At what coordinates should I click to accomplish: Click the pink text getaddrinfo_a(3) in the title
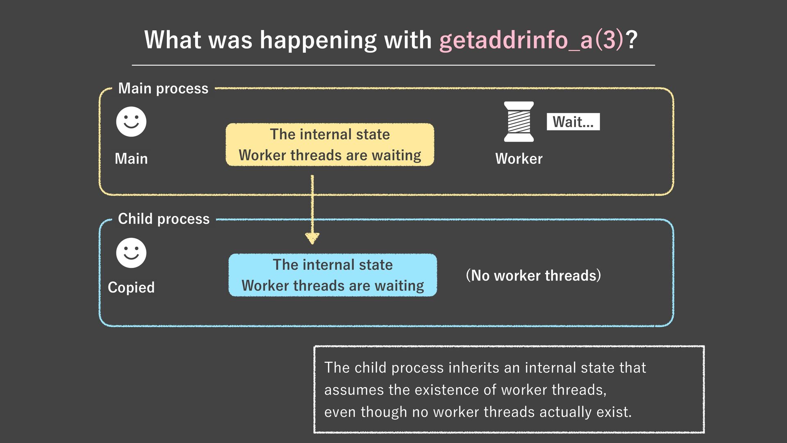(x=531, y=40)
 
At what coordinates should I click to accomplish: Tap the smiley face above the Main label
(x=131, y=122)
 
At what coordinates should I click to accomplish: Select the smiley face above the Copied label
(x=131, y=253)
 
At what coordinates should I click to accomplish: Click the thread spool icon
(x=519, y=122)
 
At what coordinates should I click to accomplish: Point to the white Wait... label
(x=573, y=122)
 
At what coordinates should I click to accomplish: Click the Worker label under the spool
(x=519, y=159)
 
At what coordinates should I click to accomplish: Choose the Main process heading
(x=163, y=89)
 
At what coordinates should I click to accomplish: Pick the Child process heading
(x=164, y=219)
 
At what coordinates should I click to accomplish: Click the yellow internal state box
(x=330, y=145)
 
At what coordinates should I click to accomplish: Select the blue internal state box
(x=332, y=275)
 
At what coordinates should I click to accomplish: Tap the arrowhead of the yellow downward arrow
(x=312, y=238)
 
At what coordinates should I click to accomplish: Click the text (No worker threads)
(x=533, y=276)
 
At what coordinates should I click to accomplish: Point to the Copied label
(x=131, y=288)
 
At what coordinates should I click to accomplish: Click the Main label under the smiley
(x=131, y=159)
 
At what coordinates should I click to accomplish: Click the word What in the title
(x=173, y=40)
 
